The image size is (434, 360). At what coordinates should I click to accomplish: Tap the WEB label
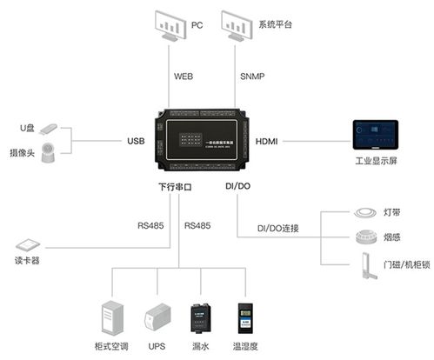(x=183, y=77)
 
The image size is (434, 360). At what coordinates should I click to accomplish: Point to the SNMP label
(x=251, y=77)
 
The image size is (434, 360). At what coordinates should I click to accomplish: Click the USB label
(x=136, y=141)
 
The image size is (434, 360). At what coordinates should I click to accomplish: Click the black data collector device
(x=203, y=139)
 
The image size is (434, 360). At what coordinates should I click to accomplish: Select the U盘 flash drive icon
(x=49, y=129)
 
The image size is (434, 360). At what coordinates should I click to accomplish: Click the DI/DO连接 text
(x=277, y=229)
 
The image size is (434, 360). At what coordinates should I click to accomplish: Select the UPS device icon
(x=157, y=318)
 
